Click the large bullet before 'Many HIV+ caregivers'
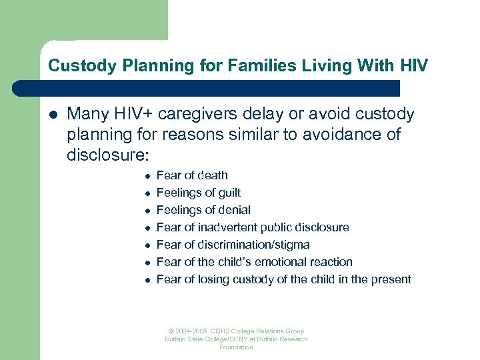click(52, 115)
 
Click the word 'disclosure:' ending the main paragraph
click(108, 155)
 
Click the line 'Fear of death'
click(192, 175)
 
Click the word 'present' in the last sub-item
click(391, 279)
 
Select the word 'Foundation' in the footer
click(236, 347)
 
